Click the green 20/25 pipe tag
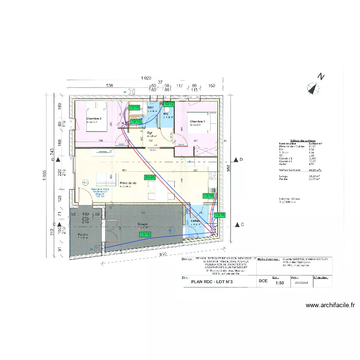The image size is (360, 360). [x=150, y=178]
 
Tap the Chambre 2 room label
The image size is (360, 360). [x=94, y=118]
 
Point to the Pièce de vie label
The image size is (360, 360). [x=127, y=183]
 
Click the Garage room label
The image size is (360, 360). [x=142, y=224]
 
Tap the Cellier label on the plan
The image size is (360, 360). [x=195, y=221]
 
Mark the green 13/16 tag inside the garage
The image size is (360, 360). [x=145, y=234]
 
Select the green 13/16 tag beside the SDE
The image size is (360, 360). [x=134, y=108]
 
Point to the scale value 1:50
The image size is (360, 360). [x=279, y=283]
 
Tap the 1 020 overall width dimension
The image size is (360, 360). [x=146, y=78]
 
